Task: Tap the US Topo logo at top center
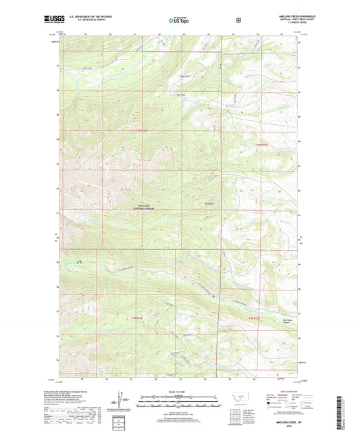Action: [179, 20]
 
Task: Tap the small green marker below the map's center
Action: [213, 296]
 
